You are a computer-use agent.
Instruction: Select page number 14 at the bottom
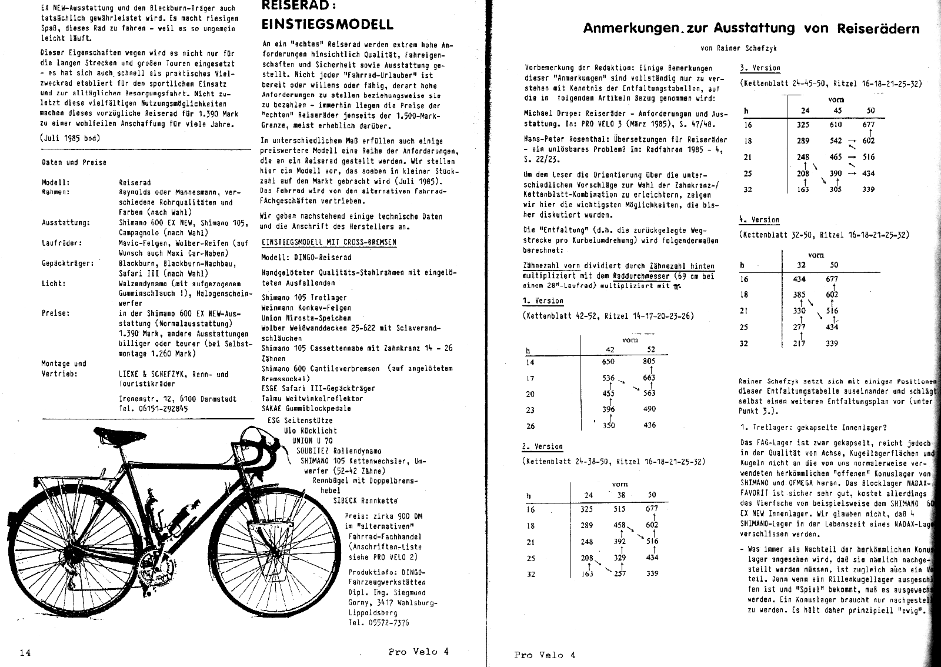[x=25, y=652]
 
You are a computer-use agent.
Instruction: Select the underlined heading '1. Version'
[x=542, y=301]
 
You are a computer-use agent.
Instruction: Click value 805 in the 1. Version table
[x=649, y=362]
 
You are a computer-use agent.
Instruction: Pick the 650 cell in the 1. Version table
[x=608, y=362]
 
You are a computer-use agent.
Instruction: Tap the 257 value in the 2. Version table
[x=620, y=573]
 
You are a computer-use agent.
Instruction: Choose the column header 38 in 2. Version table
[x=620, y=495]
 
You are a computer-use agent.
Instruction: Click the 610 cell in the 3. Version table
[x=835, y=124]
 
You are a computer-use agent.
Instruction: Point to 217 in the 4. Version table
[x=799, y=343]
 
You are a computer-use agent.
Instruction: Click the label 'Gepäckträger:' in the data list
[x=68, y=263]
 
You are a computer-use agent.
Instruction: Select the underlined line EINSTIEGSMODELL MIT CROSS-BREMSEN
[x=329, y=242]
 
